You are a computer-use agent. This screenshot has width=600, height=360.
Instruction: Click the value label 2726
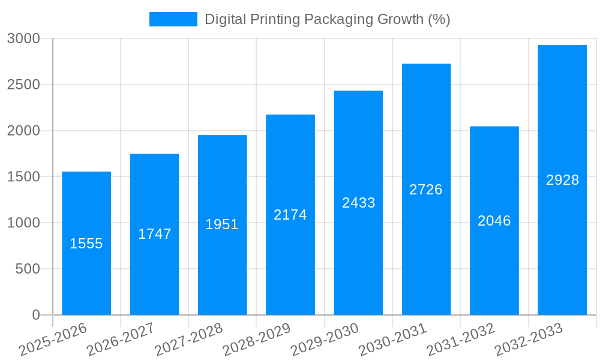pyautogui.click(x=426, y=190)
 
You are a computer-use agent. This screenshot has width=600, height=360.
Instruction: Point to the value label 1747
pyautogui.click(x=155, y=234)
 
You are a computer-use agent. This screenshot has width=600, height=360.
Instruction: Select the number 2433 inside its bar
pyautogui.click(x=359, y=203)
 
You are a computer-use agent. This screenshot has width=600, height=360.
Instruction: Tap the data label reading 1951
pyautogui.click(x=222, y=224)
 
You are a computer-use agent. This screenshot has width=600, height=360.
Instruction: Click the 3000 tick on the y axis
pyautogui.click(x=23, y=38)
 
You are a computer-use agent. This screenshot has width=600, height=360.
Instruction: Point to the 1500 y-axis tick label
pyautogui.click(x=23, y=177)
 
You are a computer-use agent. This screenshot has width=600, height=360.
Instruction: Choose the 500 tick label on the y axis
pyautogui.click(x=28, y=269)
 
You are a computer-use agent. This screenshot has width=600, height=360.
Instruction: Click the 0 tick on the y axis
pyautogui.click(x=35, y=315)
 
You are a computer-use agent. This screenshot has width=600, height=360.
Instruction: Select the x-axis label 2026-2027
pyautogui.click(x=121, y=340)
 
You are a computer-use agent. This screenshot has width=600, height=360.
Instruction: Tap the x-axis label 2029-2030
pyautogui.click(x=325, y=340)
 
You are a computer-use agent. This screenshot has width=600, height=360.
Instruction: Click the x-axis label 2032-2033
pyautogui.click(x=529, y=340)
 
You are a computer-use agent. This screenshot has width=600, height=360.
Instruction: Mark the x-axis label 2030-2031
pyautogui.click(x=392, y=340)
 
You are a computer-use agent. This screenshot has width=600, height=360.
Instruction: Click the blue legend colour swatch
pyautogui.click(x=173, y=19)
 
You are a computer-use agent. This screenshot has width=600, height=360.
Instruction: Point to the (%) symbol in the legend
pyautogui.click(x=439, y=19)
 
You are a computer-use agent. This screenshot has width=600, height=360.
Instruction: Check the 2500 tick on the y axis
pyautogui.click(x=23, y=85)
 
